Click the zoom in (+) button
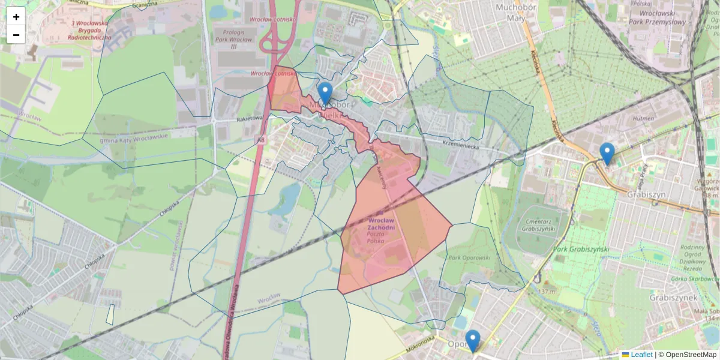point(16,17)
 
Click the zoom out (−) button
point(16,35)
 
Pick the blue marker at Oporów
point(473,341)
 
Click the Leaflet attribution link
point(641,355)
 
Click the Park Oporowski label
point(469,257)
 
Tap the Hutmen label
point(643,119)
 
